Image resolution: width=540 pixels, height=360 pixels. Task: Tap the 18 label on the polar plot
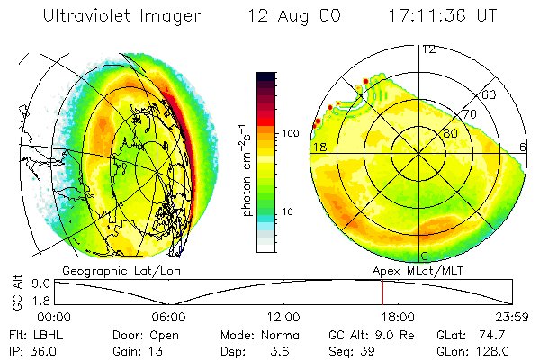319,146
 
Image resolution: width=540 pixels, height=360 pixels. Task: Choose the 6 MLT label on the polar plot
524,146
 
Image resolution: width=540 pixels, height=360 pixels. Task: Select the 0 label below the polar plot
424,257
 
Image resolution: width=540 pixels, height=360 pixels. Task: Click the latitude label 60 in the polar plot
490,94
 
